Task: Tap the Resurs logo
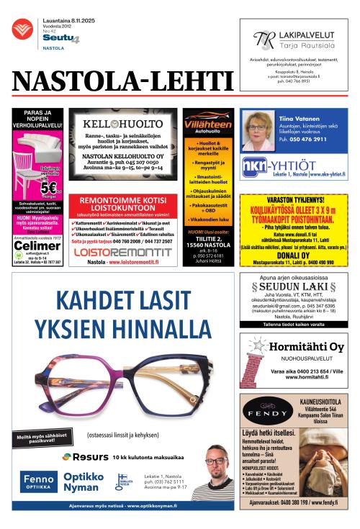click(x=85, y=456)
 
